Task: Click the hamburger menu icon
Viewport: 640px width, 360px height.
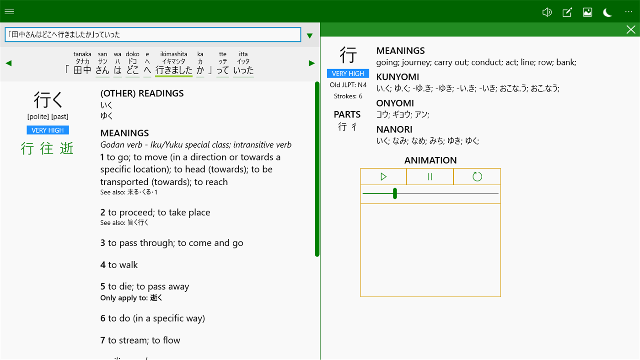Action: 9,11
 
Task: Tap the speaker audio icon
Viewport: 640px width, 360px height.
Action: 547,12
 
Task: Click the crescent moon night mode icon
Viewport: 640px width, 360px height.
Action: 608,12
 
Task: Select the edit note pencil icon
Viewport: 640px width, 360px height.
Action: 567,12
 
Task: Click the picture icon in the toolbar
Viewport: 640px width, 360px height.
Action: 587,12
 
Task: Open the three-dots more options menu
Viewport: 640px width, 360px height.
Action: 629,12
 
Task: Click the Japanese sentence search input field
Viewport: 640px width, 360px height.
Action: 153,35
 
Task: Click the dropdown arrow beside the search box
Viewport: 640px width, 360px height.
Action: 310,36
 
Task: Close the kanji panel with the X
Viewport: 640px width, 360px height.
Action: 631,30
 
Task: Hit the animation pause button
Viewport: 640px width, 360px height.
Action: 430,177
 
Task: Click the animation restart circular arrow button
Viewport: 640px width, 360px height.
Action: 477,177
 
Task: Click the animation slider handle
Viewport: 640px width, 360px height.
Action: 395,193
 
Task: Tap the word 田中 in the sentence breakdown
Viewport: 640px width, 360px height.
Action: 82,70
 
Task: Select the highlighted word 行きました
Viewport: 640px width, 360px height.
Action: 174,70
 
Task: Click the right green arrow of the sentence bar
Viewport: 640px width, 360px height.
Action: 312,64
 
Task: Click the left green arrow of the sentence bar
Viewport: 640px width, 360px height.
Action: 9,64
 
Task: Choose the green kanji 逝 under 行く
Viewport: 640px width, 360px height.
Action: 67,149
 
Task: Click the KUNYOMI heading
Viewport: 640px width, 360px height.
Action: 398,77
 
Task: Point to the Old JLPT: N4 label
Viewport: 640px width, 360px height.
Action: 348,85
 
